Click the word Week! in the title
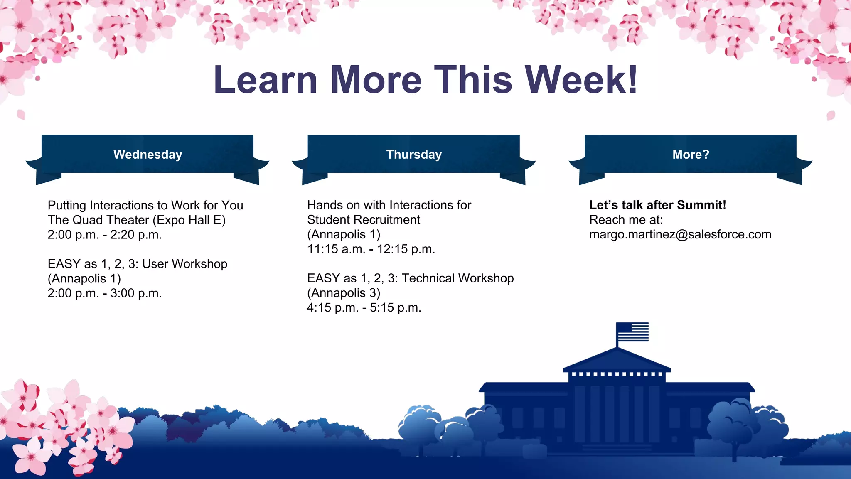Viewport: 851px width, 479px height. [x=581, y=80]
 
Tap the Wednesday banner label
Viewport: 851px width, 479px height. [x=148, y=155]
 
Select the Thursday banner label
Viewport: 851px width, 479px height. [x=414, y=155]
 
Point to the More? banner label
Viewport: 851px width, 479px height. [x=691, y=155]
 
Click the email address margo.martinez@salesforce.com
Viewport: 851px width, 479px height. [x=680, y=234]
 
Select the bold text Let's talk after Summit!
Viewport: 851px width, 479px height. [x=657, y=205]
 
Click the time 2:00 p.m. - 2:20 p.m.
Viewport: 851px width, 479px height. [x=104, y=235]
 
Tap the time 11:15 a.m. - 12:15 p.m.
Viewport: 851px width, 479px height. [x=371, y=249]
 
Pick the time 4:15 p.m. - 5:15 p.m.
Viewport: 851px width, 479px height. [x=364, y=308]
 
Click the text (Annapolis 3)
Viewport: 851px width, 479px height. [x=344, y=293]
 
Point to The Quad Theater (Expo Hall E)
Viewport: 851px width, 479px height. [x=136, y=220]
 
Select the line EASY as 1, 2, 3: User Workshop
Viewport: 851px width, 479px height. [x=137, y=264]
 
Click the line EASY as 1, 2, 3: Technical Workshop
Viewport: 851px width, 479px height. [x=410, y=278]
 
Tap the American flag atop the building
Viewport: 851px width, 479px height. [x=632, y=332]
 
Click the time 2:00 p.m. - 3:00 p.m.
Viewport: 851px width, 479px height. [x=104, y=293]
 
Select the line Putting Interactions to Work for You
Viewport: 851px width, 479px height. [x=145, y=205]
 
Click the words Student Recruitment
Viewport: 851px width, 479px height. [x=363, y=220]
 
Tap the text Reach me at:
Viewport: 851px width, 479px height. [x=626, y=220]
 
